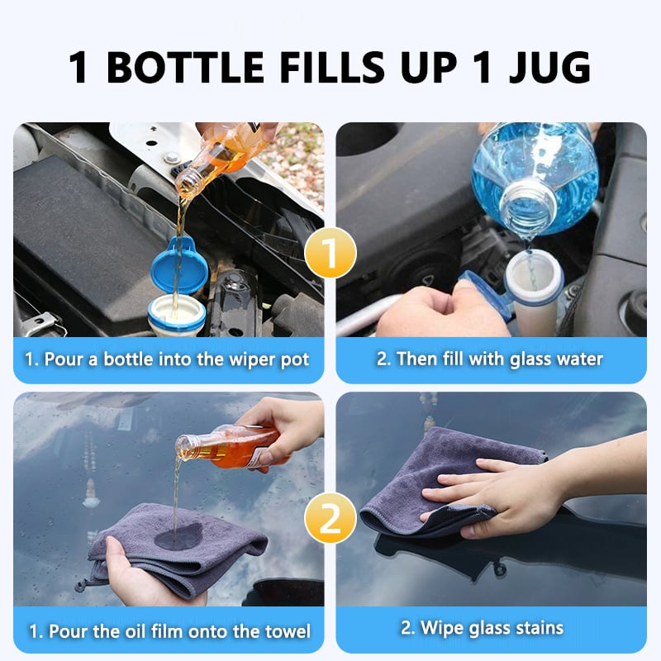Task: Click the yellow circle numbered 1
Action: click(330, 254)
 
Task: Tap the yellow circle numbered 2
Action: click(330, 520)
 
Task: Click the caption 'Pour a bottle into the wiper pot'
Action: click(169, 359)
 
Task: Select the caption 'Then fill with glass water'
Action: click(491, 359)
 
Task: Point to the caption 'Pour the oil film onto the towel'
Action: click(169, 631)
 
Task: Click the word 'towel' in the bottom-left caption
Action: click(284, 631)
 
